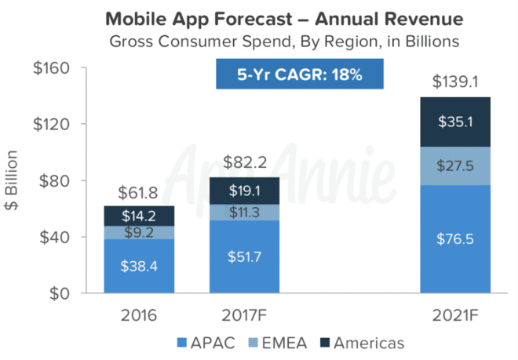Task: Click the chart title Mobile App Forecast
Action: tap(259, 16)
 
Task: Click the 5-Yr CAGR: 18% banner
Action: tap(300, 75)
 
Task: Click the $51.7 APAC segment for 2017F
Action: tap(245, 256)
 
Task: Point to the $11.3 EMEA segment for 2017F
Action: tap(245, 213)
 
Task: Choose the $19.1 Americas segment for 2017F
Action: tap(245, 191)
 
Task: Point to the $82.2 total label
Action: tap(245, 163)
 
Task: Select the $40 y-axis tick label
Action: tap(56, 237)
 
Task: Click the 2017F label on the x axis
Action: tap(245, 316)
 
